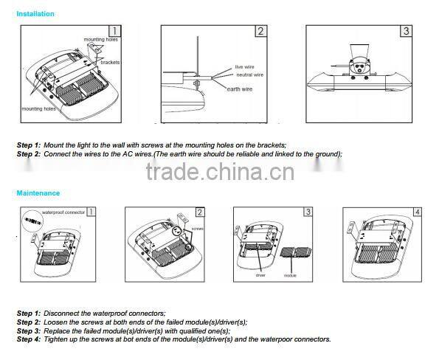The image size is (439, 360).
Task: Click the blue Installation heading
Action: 35,14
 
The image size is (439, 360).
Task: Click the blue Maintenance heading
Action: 38,193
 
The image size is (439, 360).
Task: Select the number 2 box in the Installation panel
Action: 260,31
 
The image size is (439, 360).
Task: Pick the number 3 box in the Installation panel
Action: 406,31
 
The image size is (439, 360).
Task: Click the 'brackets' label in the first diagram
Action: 110,63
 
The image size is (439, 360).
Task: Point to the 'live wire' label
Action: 244,66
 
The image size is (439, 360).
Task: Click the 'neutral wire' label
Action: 250,75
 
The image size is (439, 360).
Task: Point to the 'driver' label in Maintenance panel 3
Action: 260,274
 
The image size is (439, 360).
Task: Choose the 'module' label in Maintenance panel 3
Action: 291,274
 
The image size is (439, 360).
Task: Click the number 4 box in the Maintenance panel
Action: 417,212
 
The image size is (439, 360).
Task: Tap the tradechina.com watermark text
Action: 219,171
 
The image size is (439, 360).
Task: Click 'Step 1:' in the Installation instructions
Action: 29,145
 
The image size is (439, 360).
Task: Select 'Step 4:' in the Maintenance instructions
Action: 29,339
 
